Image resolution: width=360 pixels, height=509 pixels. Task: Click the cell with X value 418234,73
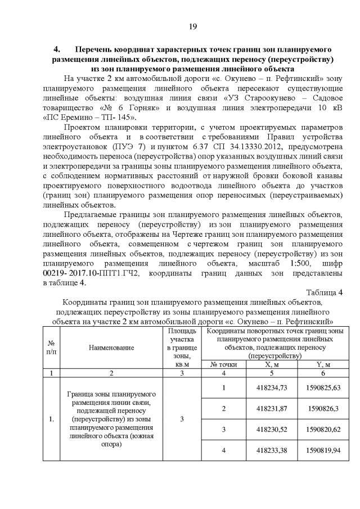tap(272, 388)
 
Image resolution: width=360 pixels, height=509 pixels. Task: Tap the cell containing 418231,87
tap(272, 409)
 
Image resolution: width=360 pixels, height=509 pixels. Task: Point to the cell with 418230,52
tap(272, 430)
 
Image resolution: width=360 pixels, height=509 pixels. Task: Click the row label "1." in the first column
tap(51, 419)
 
